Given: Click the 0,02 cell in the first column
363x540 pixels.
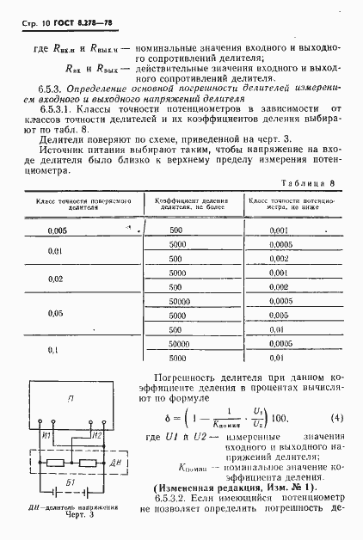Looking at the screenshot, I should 55,279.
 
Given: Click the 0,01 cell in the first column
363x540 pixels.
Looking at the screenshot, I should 55,251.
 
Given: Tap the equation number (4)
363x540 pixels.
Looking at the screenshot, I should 337,419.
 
